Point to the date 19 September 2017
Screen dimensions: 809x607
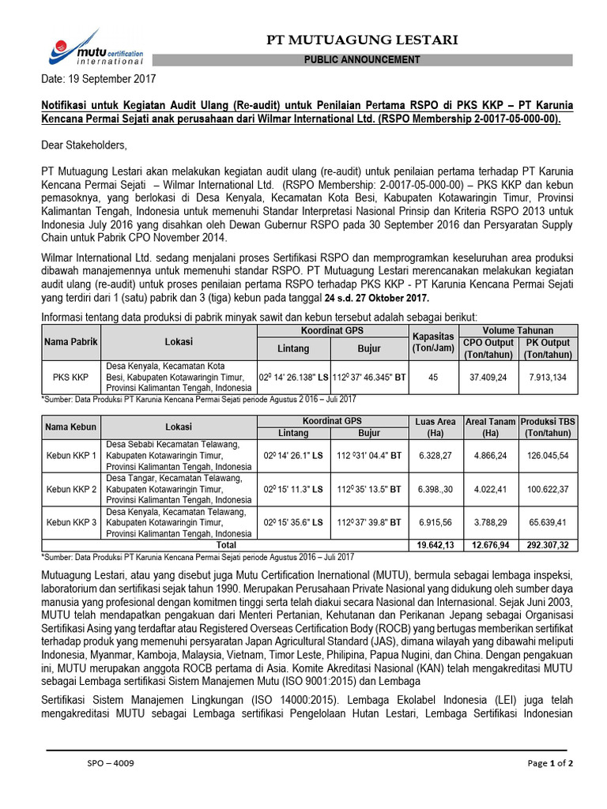point(99,79)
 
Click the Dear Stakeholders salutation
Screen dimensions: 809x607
point(84,145)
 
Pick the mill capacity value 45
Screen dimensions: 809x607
point(432,378)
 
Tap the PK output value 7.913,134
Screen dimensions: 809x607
point(548,378)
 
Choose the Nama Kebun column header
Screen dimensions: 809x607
point(70,427)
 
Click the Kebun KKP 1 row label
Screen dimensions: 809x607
point(70,456)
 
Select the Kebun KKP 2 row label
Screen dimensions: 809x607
point(70,489)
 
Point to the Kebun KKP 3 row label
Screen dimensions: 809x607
point(70,522)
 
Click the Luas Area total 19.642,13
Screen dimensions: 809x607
point(435,545)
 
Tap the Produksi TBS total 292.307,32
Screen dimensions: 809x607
point(548,545)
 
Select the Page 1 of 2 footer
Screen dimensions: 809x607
point(550,763)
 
